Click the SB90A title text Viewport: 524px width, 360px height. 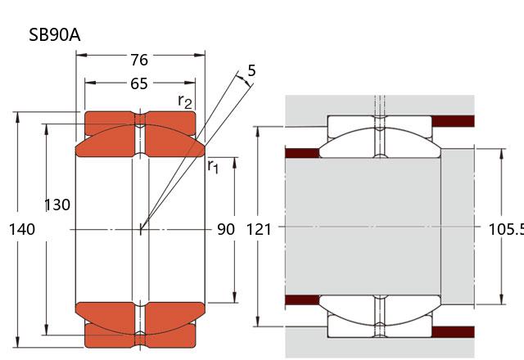click(x=55, y=34)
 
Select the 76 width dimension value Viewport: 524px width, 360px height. click(x=139, y=60)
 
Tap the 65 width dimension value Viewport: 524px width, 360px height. click(x=139, y=83)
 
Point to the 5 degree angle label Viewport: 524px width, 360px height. click(x=251, y=70)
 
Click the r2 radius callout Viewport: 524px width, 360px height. click(x=185, y=101)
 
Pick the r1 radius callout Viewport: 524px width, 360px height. click(x=213, y=166)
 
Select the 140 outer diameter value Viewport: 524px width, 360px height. click(x=22, y=229)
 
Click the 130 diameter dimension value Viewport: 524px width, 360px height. click(x=57, y=205)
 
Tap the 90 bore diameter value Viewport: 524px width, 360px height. click(x=226, y=229)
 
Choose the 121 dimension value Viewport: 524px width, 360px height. click(x=259, y=230)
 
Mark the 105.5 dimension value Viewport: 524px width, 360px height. click(x=506, y=229)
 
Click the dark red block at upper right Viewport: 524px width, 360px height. click(x=453, y=121)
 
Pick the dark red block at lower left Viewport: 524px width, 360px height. click(x=302, y=300)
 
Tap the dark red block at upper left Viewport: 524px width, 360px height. click(x=302, y=153)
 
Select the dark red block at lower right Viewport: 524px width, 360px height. click(x=453, y=332)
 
